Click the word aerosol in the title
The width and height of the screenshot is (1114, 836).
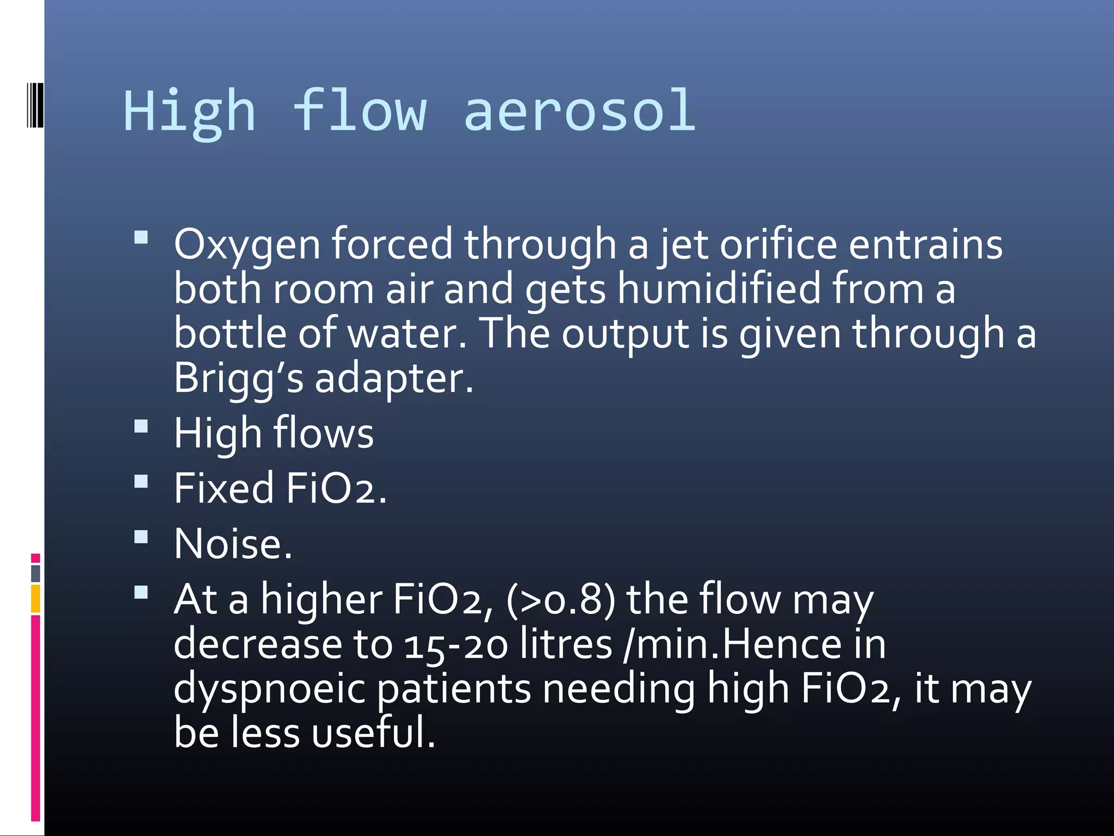(x=580, y=111)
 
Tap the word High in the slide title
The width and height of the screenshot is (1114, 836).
(x=189, y=112)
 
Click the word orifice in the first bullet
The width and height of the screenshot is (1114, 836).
(x=778, y=244)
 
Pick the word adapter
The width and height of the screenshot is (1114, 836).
(x=394, y=379)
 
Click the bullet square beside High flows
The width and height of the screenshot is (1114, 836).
(x=141, y=426)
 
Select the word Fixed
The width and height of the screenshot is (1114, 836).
(x=224, y=488)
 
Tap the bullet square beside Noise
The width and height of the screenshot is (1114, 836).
(x=141, y=537)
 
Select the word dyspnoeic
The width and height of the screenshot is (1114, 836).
(x=269, y=689)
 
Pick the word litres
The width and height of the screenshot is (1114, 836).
(x=566, y=644)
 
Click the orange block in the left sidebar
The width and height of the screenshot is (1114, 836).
(x=35, y=599)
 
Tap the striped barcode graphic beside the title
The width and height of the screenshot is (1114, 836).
(x=35, y=105)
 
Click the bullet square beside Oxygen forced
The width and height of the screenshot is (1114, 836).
(x=141, y=237)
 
